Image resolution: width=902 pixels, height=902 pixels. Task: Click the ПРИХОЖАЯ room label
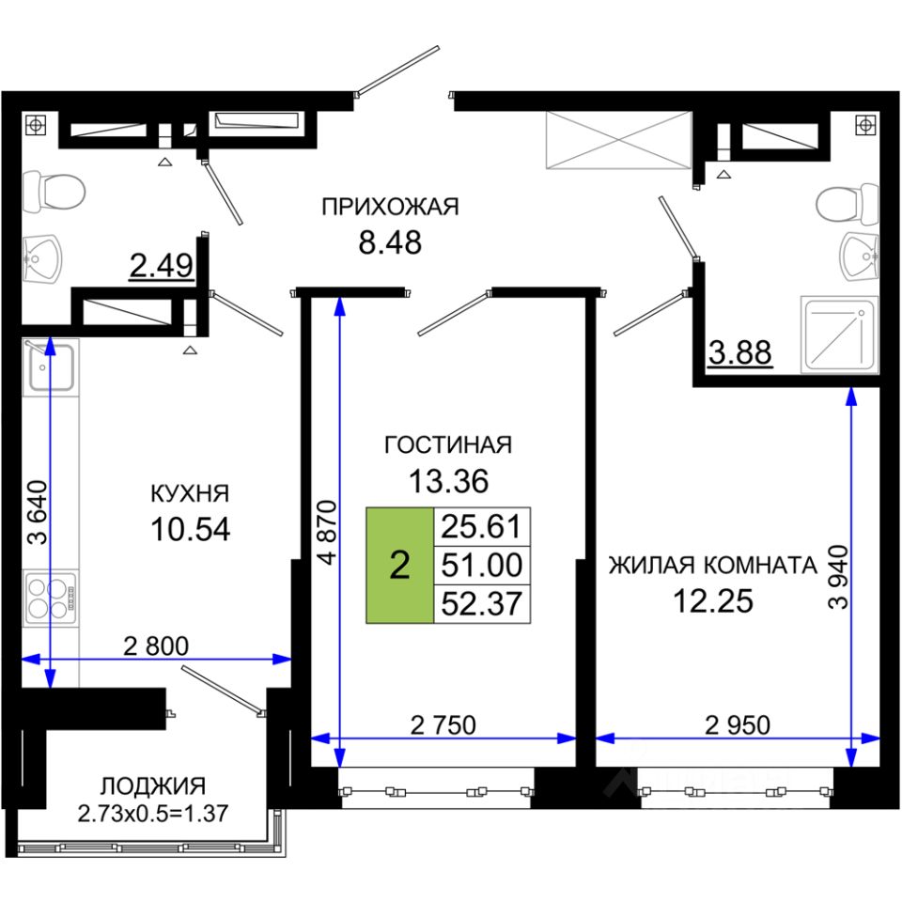390,207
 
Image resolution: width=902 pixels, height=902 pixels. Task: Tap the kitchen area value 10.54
191,529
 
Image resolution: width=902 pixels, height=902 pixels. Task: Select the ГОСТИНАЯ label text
448,445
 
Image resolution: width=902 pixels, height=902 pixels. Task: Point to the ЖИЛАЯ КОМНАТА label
713,566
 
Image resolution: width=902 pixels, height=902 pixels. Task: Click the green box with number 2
400,566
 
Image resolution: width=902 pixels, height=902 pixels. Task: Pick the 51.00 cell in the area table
482,566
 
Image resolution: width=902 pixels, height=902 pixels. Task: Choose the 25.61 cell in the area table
482,527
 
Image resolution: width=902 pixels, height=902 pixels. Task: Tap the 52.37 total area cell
482,604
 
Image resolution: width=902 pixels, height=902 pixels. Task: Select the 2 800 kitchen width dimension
156,646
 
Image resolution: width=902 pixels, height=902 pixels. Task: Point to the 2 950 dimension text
738,725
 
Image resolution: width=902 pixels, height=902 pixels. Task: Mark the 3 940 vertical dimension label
838,576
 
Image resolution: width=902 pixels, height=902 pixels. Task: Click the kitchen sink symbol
51,367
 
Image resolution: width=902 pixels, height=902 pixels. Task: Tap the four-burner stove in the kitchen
51,599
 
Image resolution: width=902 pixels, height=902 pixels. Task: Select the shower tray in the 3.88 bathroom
839,334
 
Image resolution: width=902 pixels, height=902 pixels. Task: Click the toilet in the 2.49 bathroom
54,192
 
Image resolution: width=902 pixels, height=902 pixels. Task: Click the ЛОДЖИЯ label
153,785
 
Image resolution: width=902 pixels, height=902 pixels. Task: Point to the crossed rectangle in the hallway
618,140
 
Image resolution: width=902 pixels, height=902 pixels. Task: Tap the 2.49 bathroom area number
161,266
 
